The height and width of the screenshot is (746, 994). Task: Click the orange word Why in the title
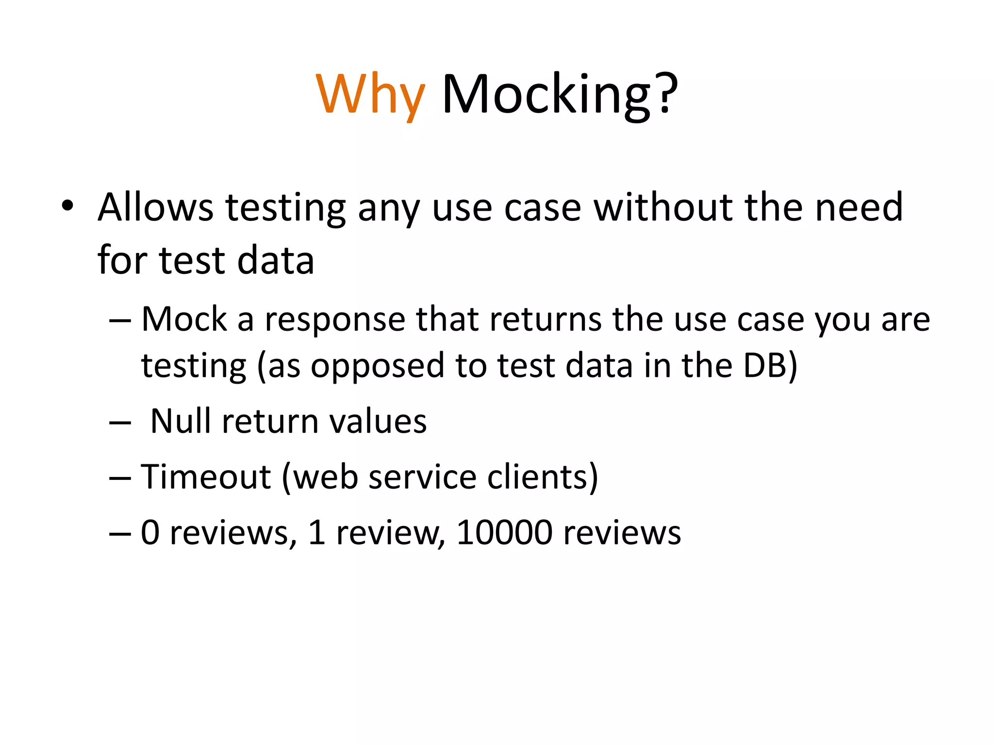[x=370, y=95]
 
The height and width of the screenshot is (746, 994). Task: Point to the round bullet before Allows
[x=67, y=206]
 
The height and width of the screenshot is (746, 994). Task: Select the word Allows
[x=155, y=207]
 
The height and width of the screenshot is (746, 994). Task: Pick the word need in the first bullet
[x=859, y=207]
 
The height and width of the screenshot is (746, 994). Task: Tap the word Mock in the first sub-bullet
[x=184, y=320]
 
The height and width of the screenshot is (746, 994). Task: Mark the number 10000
[x=504, y=532]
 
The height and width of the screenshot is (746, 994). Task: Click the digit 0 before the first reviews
[x=150, y=533]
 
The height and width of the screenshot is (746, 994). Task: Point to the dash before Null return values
[x=120, y=423]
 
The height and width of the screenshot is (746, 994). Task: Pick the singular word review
[x=386, y=533]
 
